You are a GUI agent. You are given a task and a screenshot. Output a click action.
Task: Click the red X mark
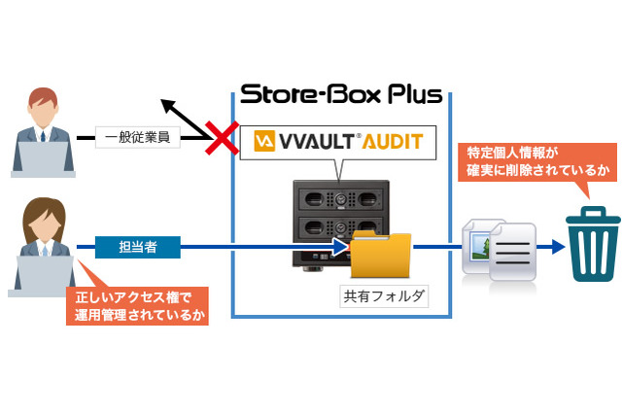[x=223, y=139]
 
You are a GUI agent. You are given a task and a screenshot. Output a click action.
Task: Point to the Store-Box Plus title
[x=341, y=95]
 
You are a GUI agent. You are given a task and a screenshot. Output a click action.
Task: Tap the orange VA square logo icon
[x=262, y=143]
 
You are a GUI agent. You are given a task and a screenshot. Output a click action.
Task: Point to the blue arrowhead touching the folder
[x=341, y=247]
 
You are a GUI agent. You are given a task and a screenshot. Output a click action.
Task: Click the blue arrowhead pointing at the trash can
[x=555, y=247]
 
